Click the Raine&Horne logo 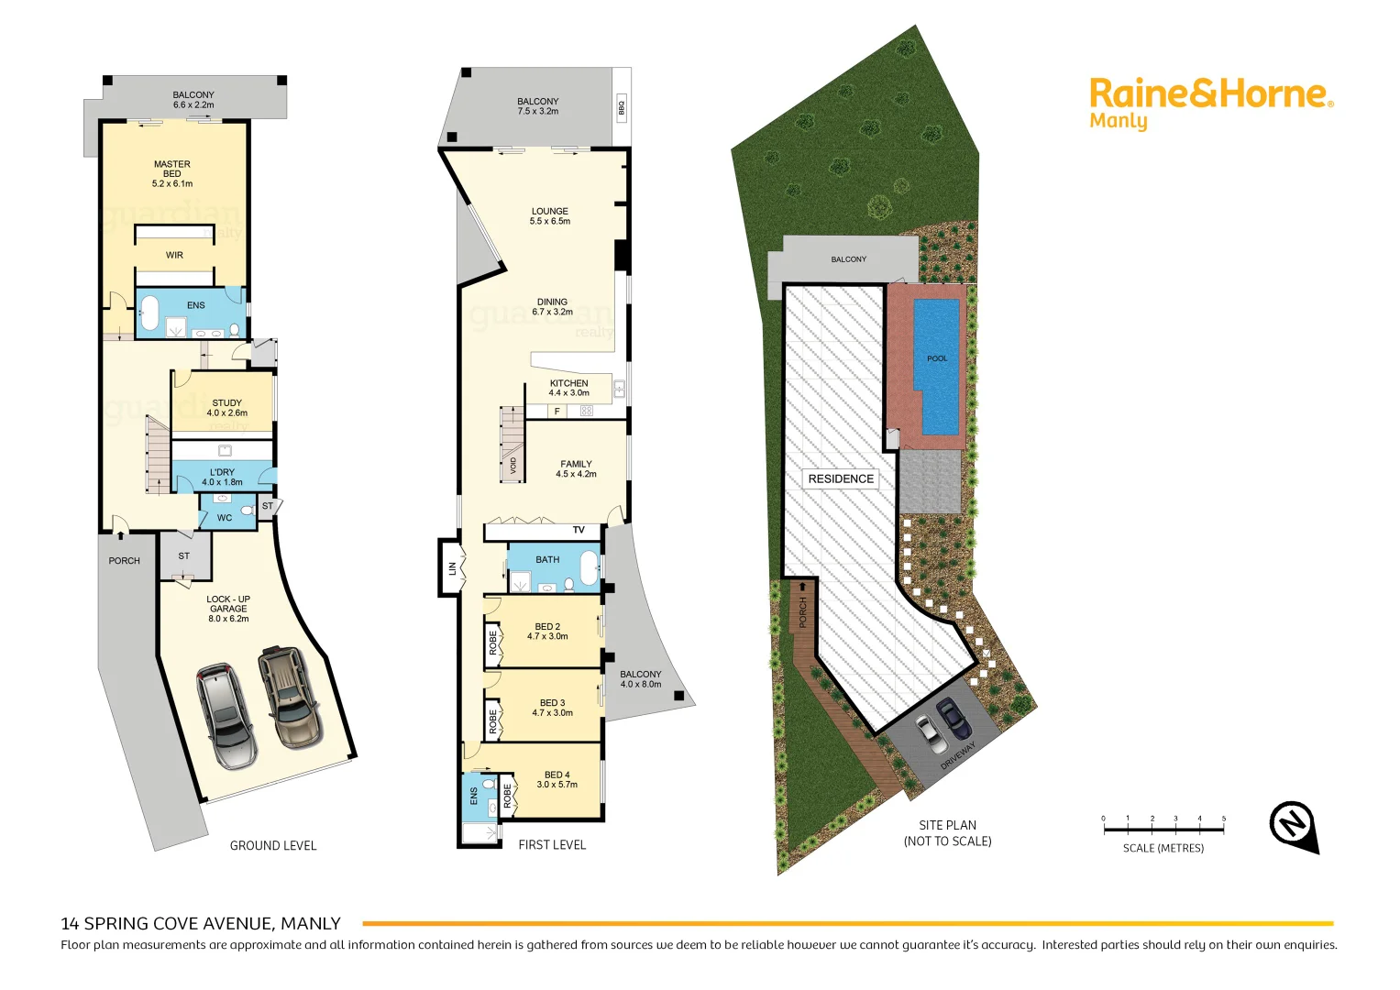click(x=1210, y=103)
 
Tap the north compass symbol click(x=1293, y=824)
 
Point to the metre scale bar click(x=1163, y=829)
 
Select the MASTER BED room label click(x=172, y=174)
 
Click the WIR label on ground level click(x=174, y=256)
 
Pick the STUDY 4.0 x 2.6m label click(x=227, y=408)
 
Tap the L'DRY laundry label click(x=222, y=477)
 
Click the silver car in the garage click(x=226, y=715)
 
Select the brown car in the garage click(x=288, y=697)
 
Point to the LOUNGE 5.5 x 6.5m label click(x=550, y=216)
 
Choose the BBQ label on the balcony click(x=622, y=106)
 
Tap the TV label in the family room click(x=579, y=530)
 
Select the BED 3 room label click(x=552, y=708)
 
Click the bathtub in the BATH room click(x=590, y=568)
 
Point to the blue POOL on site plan click(x=937, y=367)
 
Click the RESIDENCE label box click(x=841, y=478)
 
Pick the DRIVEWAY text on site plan click(x=958, y=756)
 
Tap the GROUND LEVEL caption click(x=273, y=845)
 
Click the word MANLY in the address click(x=311, y=923)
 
